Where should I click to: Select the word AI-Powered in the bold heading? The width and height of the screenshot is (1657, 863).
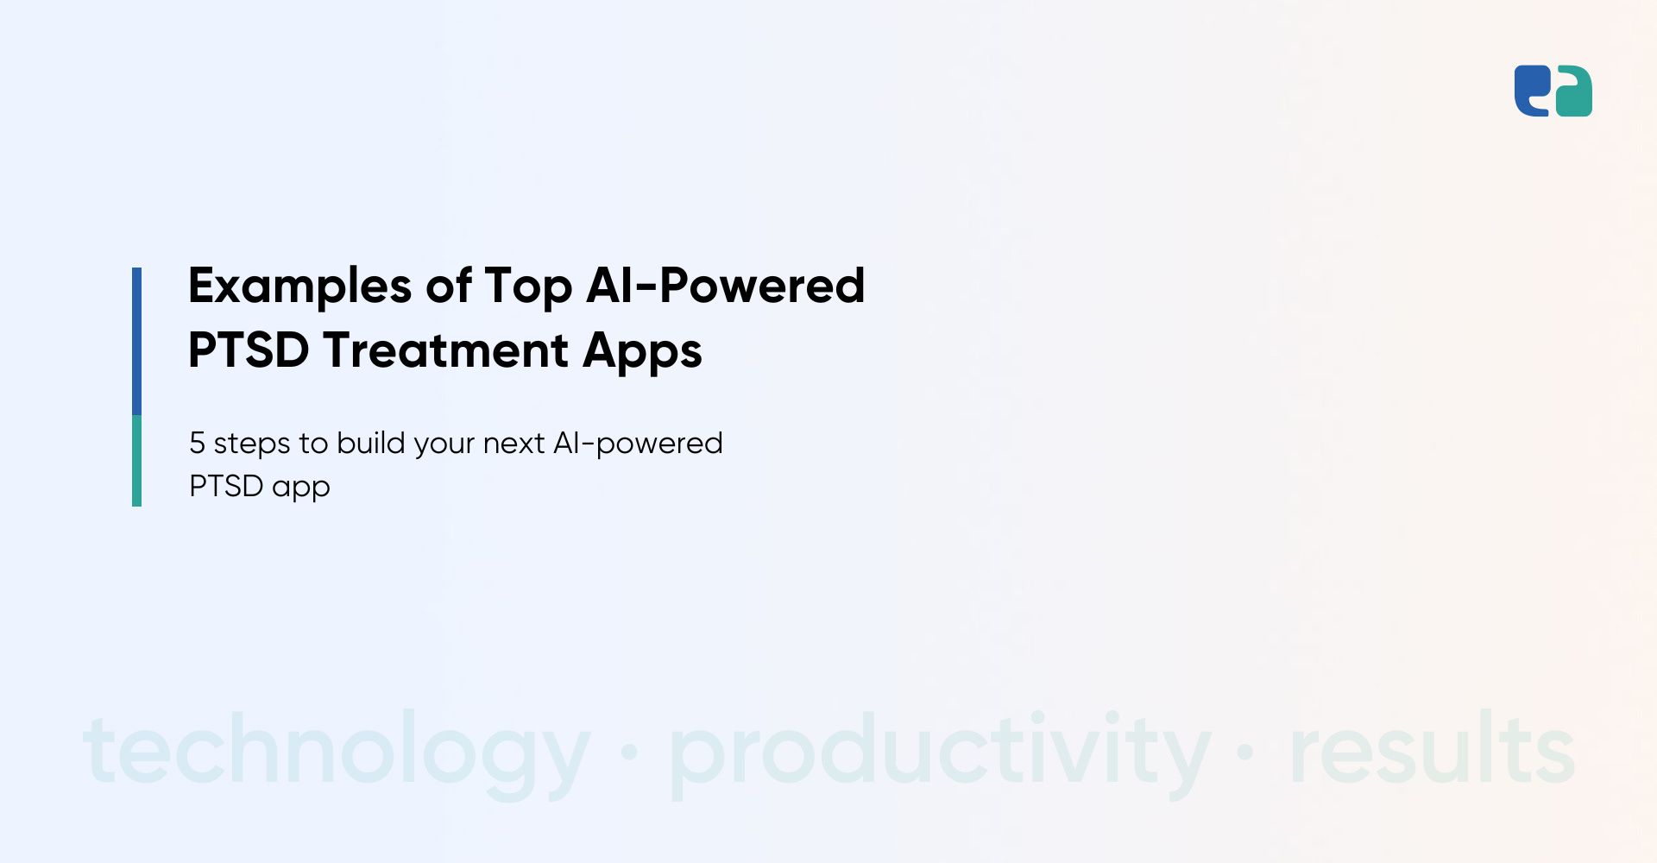click(726, 286)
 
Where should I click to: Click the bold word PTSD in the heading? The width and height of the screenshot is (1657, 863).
click(249, 350)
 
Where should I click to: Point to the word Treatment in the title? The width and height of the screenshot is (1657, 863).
click(446, 350)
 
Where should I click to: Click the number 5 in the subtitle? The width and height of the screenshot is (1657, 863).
click(197, 443)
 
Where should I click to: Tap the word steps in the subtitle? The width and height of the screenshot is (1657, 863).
click(252, 445)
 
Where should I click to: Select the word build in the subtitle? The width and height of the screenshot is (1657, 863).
click(371, 442)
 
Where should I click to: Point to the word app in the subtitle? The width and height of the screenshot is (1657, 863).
click(301, 489)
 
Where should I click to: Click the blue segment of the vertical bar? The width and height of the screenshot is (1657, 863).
click(136, 341)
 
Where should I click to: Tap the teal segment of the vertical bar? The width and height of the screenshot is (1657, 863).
click(136, 461)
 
